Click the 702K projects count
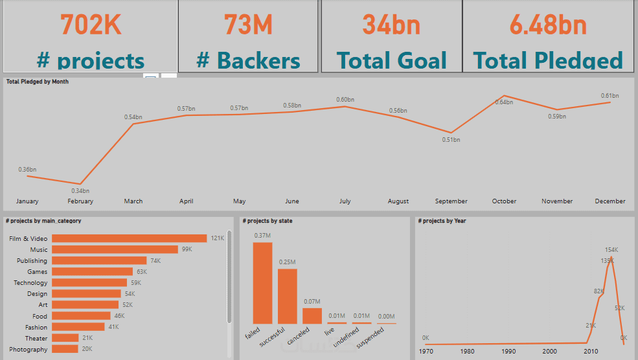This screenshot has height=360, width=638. point(91,25)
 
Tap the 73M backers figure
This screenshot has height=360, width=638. point(248,25)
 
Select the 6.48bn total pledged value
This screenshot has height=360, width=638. point(548,25)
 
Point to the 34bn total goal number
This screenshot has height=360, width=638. point(391,25)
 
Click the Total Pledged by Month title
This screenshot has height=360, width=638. point(38,82)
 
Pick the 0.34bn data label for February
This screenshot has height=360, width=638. point(80,191)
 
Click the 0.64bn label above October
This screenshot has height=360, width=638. point(505,102)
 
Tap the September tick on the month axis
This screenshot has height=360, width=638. point(451,201)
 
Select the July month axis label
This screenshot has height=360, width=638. point(345,201)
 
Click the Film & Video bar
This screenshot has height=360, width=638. point(129,238)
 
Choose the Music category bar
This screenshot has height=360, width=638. point(115,249)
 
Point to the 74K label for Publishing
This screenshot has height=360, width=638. point(155,260)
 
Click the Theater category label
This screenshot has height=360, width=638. point(36,338)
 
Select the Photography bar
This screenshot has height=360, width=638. point(65,349)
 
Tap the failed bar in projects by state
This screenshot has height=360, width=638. point(262,282)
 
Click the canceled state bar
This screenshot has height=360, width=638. point(312,315)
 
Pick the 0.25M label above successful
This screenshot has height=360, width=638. point(288,262)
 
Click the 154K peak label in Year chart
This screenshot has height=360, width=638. point(611,249)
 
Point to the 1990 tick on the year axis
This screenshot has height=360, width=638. point(508,351)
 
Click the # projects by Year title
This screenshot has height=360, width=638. point(442,221)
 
